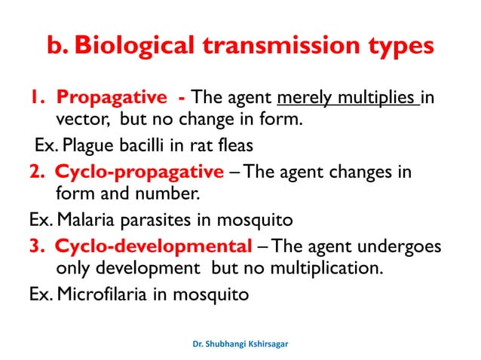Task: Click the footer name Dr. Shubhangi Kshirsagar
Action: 240,343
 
